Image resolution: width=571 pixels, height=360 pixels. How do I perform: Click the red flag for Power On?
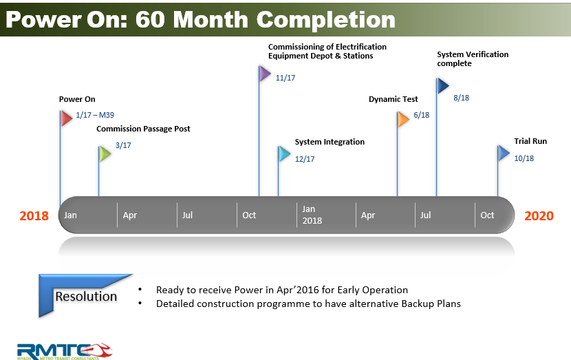(x=66, y=118)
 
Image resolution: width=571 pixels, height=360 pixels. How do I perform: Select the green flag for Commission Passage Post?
(x=105, y=153)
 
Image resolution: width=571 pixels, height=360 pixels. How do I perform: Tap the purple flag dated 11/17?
(x=265, y=74)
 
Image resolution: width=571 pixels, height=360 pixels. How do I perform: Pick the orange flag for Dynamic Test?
(x=403, y=119)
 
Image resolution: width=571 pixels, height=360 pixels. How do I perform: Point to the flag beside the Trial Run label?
(x=504, y=153)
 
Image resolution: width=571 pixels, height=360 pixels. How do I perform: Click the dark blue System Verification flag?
(x=442, y=85)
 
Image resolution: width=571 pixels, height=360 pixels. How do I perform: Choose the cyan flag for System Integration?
(x=284, y=153)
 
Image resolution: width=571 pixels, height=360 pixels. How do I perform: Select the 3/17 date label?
(x=123, y=146)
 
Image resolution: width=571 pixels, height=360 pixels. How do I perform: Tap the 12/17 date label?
(x=305, y=159)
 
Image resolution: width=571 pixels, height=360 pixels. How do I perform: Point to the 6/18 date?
(x=422, y=115)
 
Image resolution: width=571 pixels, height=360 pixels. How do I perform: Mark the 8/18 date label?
(x=461, y=98)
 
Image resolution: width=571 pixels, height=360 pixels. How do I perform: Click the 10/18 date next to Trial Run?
(x=524, y=158)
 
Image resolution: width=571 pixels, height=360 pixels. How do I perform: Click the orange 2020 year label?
(x=539, y=215)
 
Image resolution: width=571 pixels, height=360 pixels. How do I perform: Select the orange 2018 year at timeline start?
(x=34, y=215)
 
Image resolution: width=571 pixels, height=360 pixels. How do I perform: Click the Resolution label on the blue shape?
(x=86, y=297)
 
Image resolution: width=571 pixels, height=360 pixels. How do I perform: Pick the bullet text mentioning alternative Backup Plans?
(x=308, y=304)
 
